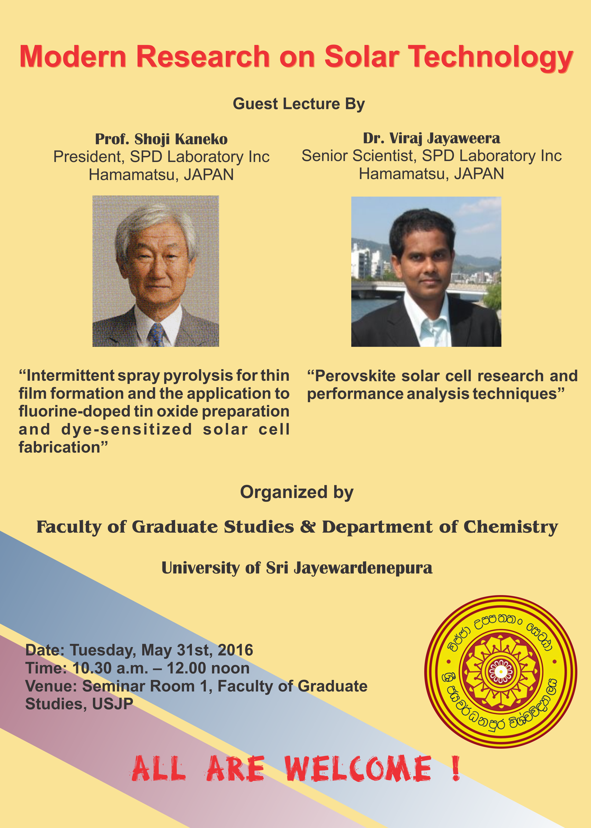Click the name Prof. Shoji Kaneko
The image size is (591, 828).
tap(161, 139)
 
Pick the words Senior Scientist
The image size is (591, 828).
tap(358, 156)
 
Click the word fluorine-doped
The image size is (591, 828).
tap(75, 412)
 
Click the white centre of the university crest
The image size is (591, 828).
tap(501, 671)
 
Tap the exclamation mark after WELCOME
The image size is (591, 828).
tap(456, 768)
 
